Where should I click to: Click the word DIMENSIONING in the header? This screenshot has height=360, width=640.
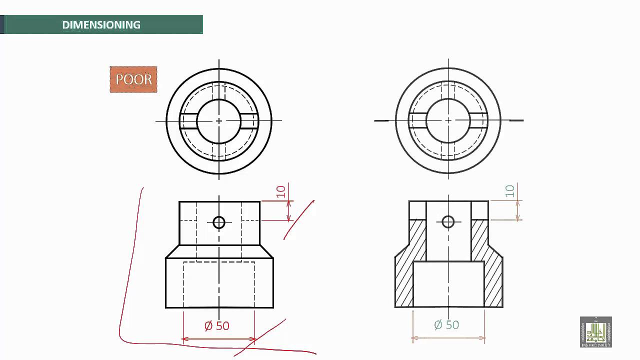(101, 25)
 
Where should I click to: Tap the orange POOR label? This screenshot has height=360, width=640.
(133, 79)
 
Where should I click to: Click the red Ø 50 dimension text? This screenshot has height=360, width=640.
(217, 326)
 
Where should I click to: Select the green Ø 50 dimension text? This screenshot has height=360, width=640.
(446, 325)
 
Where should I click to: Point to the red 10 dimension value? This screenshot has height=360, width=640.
(281, 191)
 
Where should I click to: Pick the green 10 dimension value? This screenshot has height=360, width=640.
(509, 191)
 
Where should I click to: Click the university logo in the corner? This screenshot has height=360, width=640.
(595, 332)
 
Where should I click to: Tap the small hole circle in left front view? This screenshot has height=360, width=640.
(219, 222)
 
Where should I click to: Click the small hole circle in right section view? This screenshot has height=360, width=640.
(448, 221)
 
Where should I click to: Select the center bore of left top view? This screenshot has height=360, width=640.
(219, 120)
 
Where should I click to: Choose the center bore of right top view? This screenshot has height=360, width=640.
(448, 120)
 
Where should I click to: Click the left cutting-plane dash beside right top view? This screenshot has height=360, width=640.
(381, 120)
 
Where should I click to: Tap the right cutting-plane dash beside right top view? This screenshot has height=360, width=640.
(516, 120)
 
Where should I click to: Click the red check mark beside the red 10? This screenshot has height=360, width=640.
(299, 220)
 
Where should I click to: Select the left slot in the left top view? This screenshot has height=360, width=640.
(188, 121)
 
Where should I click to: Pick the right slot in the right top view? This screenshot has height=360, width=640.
(478, 121)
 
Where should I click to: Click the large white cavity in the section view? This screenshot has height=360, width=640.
(448, 283)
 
